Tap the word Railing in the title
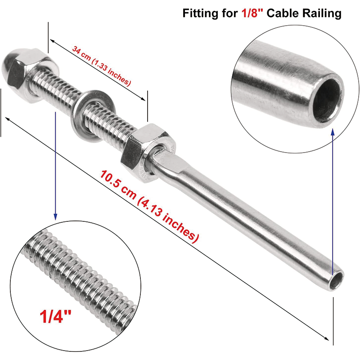(x=320, y=13)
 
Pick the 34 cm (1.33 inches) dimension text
(x=102, y=66)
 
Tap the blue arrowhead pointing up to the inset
(x=333, y=131)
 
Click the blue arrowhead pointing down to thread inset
(x=55, y=216)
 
